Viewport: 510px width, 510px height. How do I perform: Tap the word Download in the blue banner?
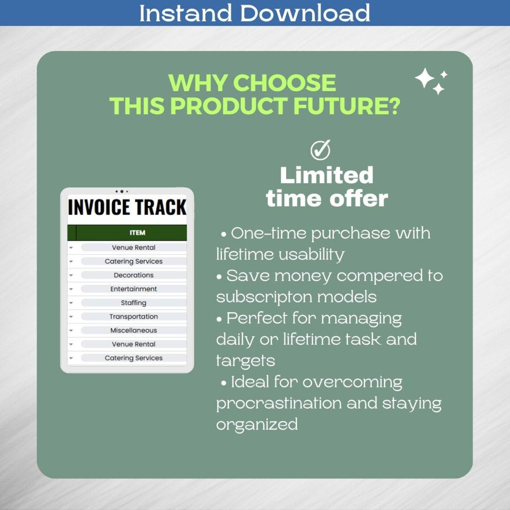click(x=306, y=13)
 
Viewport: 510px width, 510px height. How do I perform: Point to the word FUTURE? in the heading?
click(x=346, y=106)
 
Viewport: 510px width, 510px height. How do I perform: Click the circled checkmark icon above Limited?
click(x=320, y=150)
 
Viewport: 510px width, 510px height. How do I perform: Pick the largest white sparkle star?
click(x=425, y=78)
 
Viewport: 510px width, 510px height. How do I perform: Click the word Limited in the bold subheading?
click(x=327, y=175)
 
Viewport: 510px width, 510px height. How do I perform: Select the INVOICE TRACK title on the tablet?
click(x=127, y=208)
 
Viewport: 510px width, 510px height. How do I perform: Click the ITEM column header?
click(x=137, y=233)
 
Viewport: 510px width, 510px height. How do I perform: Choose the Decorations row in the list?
click(x=133, y=275)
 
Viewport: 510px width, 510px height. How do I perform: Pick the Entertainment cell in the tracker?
click(x=133, y=289)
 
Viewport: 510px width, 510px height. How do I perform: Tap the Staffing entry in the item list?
click(x=133, y=303)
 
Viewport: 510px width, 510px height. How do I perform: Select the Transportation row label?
click(x=133, y=317)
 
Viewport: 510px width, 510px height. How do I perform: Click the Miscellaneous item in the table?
click(x=133, y=331)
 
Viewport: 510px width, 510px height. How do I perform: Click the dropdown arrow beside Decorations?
click(x=71, y=275)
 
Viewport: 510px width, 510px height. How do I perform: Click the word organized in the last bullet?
click(x=257, y=425)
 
